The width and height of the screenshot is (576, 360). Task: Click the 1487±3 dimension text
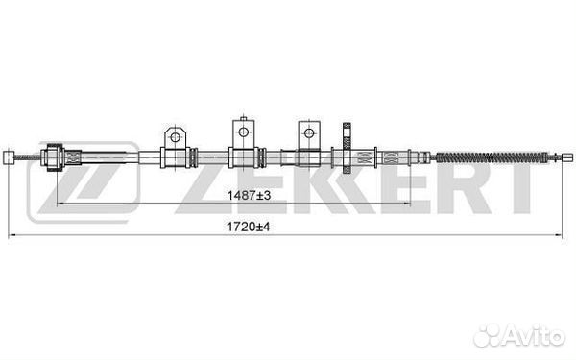pos(242,195)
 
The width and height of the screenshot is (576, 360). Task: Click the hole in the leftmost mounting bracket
pos(175,136)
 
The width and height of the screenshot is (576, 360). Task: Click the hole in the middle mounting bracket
pos(243,129)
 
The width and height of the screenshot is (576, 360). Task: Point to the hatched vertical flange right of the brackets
pos(347,154)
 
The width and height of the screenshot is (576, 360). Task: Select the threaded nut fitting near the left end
pos(56,156)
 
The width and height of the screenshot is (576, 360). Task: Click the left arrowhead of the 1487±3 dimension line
pos(61,204)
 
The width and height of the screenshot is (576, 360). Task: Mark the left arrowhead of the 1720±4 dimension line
pos(11,234)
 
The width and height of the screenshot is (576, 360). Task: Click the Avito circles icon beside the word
pos(492,334)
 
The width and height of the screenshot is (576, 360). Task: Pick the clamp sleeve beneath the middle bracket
pos(244,156)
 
